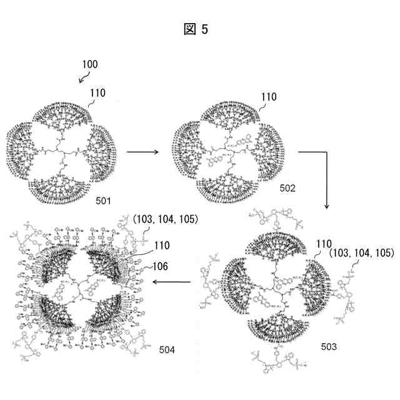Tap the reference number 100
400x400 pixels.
[90, 64]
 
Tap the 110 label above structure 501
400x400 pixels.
[97, 92]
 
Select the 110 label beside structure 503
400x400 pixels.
[323, 244]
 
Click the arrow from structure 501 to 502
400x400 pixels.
[145, 151]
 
